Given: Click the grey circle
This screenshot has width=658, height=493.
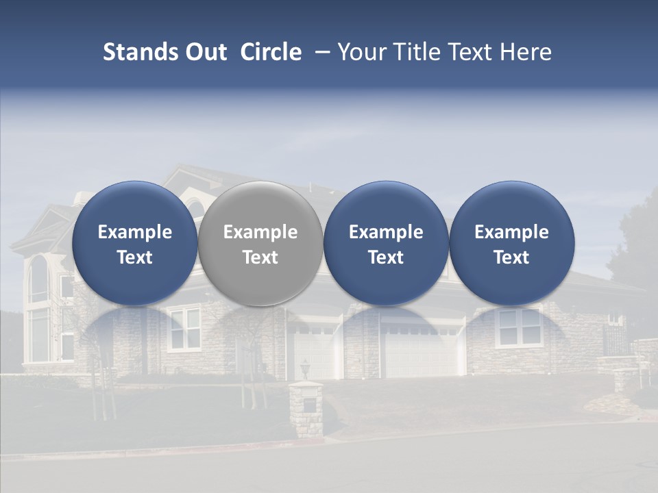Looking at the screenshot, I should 260,244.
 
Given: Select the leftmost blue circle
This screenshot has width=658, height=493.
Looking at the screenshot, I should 134,244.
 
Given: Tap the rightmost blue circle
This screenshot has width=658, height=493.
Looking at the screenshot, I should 511,244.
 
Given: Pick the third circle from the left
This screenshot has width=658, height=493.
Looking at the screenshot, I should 386,244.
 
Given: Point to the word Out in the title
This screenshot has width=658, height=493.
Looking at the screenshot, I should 204,52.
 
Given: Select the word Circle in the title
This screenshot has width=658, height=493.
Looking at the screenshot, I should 271,52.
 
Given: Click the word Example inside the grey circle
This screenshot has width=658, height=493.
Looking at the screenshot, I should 260,232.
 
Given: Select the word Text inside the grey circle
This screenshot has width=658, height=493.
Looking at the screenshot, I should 260,257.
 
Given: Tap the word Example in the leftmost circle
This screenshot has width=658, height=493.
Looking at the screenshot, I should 134,232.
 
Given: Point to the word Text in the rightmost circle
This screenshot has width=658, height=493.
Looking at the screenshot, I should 511,257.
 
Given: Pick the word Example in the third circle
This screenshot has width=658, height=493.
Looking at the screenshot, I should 386,232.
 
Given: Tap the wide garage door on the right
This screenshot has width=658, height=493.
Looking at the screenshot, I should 422,353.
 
